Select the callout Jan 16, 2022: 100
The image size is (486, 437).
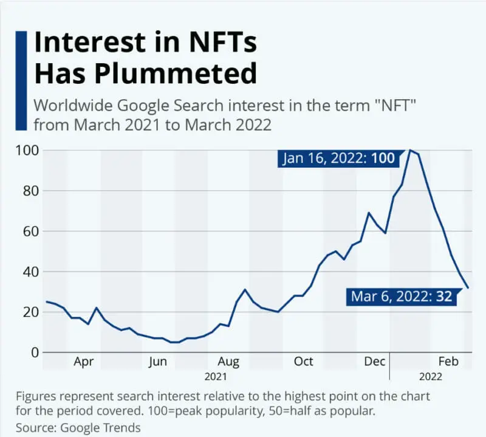click(339, 159)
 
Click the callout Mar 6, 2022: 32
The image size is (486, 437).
click(402, 297)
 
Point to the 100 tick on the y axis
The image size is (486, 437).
click(27, 150)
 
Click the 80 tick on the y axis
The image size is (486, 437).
click(30, 191)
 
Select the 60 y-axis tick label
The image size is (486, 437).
click(30, 231)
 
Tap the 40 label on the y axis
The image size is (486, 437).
click(30, 272)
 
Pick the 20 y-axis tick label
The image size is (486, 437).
click(30, 312)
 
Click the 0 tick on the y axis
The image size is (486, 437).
click(35, 353)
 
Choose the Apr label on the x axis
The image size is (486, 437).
click(84, 362)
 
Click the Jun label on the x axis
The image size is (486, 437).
click(157, 362)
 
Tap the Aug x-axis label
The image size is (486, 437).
click(228, 362)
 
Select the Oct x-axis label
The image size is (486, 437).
click(303, 362)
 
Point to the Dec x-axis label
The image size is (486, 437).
click(375, 362)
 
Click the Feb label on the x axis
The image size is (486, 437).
click(449, 362)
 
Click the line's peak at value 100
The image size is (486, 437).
click(410, 150)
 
